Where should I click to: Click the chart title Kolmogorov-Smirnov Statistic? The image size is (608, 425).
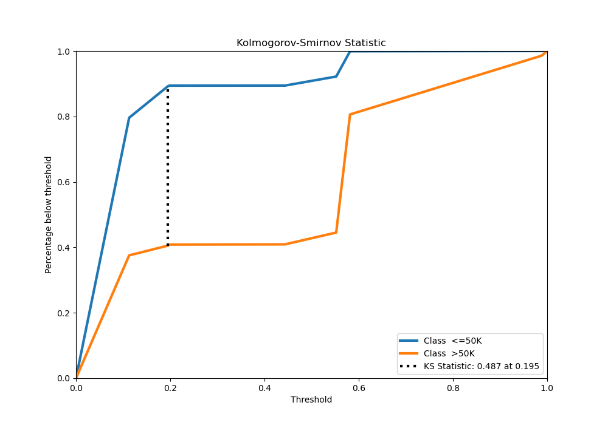pos(311,43)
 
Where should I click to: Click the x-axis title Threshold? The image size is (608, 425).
pos(311,400)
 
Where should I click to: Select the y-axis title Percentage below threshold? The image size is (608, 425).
pos(49,214)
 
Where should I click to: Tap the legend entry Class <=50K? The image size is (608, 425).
pos(452,341)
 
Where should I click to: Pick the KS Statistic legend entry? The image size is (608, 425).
pos(481,366)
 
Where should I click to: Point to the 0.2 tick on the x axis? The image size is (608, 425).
pos(170,387)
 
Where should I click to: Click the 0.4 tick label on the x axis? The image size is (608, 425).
pos(264,387)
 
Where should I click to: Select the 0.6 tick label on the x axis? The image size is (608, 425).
pos(359,387)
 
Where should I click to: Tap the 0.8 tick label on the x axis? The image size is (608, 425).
pos(453,387)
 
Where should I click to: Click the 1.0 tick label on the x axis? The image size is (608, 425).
pos(547,387)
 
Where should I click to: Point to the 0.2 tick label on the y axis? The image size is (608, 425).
pos(64,313)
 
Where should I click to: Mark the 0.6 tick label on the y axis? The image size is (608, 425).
pos(64,182)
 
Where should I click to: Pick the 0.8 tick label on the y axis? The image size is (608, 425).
pos(64,117)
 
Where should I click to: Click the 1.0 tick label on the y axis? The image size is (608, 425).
pos(64,52)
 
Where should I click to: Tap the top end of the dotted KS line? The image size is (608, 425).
pos(168,87)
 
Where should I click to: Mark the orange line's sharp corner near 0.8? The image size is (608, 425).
pos(350,114)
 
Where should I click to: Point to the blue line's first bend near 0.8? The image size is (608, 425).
pos(129,118)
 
